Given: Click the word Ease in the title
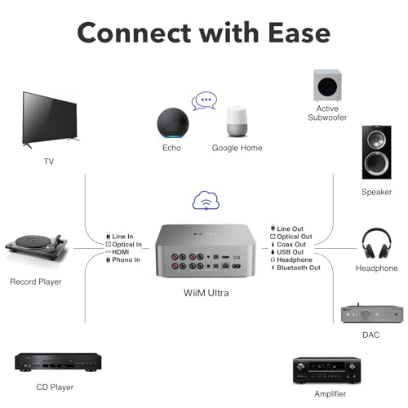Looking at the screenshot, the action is pyautogui.click(x=299, y=33).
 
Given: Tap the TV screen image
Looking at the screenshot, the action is pyautogui.click(x=51, y=120).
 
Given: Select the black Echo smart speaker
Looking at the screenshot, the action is pyautogui.click(x=172, y=124).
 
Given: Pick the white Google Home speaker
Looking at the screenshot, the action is pyautogui.click(x=237, y=122).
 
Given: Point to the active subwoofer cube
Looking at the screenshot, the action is pyautogui.click(x=327, y=85).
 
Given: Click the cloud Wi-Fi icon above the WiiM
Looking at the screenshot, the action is pyautogui.click(x=206, y=201).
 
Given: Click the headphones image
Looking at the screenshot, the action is pyautogui.click(x=377, y=243).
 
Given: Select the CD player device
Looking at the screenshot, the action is pyautogui.click(x=58, y=362).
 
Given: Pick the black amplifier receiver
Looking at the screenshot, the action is pyautogui.click(x=327, y=370).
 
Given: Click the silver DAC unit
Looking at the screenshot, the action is pyautogui.click(x=372, y=314).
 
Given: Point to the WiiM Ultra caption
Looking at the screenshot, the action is pyautogui.click(x=206, y=293).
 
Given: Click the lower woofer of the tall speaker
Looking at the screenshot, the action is pyautogui.click(x=377, y=162).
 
